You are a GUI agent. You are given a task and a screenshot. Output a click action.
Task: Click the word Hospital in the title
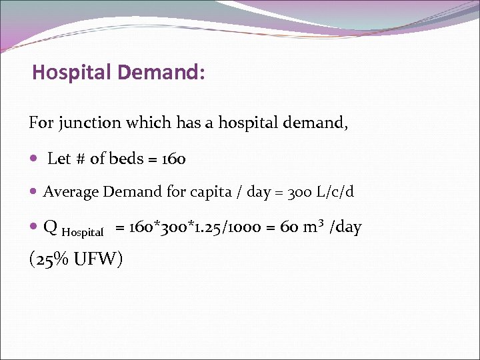[69, 72]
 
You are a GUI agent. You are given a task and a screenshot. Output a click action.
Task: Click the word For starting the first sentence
[39, 123]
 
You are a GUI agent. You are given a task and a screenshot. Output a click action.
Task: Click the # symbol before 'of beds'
[80, 159]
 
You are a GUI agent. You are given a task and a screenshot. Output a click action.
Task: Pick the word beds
[126, 159]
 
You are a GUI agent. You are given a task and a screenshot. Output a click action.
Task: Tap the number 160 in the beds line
[173, 159]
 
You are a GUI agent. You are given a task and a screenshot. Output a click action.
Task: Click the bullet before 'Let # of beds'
[33, 159]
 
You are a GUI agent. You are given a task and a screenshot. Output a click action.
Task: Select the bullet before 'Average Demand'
[33, 193]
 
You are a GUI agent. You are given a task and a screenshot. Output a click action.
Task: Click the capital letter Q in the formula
[50, 228]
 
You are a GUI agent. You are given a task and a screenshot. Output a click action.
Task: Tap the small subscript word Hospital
[83, 233]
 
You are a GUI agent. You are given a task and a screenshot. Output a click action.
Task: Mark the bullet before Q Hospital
[33, 228]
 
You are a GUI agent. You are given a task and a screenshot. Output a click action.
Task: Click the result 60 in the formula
[289, 228]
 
